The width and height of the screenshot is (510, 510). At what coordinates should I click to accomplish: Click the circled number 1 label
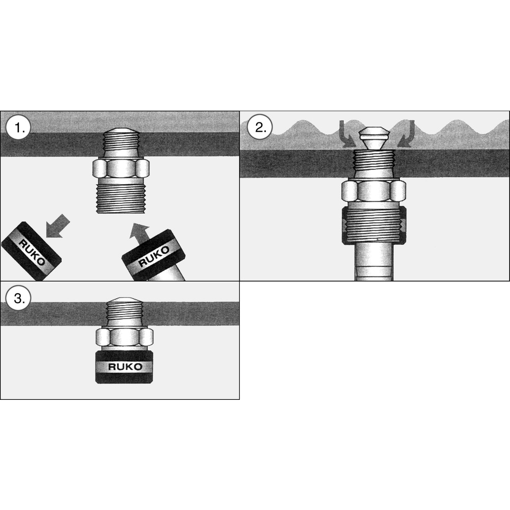[18, 127]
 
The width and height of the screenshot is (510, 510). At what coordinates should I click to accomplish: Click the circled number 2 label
[259, 127]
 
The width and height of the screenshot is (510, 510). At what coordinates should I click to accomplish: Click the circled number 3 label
[18, 298]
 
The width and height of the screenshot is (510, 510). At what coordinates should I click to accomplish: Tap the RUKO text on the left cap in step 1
[31, 251]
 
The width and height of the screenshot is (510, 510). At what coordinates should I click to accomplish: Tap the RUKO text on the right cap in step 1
[154, 256]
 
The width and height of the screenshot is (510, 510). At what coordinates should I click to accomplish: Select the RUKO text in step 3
[125, 367]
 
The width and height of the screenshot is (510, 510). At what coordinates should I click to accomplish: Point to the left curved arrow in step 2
[346, 134]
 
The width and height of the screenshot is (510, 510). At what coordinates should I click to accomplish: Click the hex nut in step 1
[121, 168]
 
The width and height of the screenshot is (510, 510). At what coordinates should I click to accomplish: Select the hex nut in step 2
[374, 191]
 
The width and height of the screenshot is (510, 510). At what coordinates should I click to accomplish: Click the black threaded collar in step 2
[374, 225]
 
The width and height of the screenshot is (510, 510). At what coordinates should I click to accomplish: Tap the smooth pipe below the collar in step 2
[374, 262]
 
